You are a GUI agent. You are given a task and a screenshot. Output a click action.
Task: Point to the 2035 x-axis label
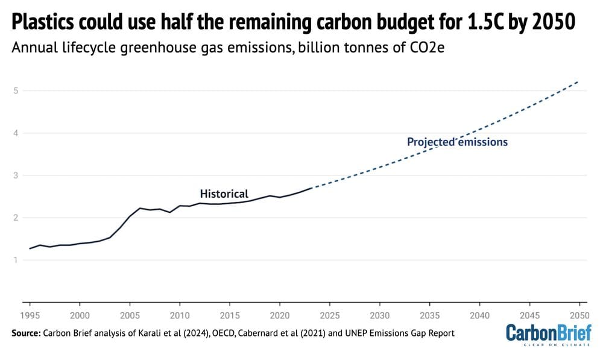tap(429, 315)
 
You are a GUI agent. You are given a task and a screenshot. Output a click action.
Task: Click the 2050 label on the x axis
tap(579, 315)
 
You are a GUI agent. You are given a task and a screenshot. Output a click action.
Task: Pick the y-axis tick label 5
tap(13, 90)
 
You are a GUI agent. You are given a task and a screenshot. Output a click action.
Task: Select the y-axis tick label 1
tap(13, 260)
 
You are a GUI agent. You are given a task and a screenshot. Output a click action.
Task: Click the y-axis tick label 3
tap(13, 175)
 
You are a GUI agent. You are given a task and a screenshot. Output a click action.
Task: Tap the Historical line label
tap(224, 194)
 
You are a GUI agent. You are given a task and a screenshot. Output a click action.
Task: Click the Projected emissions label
tap(457, 142)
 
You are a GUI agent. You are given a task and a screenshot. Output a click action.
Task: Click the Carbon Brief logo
tap(548, 335)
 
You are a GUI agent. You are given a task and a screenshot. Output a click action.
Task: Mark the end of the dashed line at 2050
tap(579, 81)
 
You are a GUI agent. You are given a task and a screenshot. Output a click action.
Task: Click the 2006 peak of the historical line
tap(140, 208)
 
